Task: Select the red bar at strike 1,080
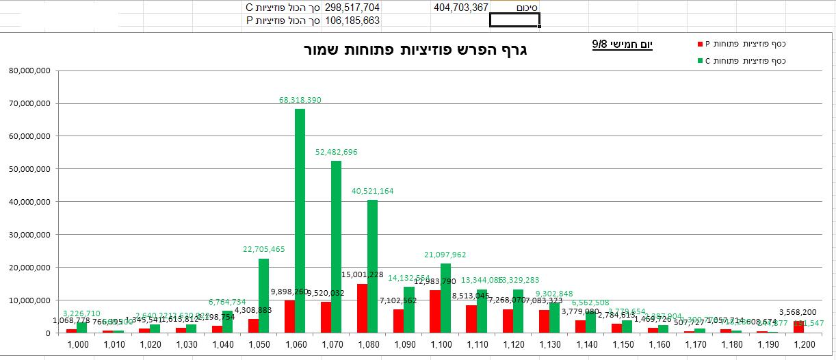pos(362,308)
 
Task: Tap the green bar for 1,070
pos(336,246)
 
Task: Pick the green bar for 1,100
pos(445,298)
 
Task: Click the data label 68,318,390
pos(300,100)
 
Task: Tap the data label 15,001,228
pos(363,274)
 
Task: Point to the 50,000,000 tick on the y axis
pos(29,169)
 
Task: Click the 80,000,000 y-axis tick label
pos(29,70)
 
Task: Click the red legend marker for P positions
pos(700,44)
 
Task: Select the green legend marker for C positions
pos(700,61)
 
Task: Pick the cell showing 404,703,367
pos(460,8)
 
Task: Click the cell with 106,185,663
pos(352,21)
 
